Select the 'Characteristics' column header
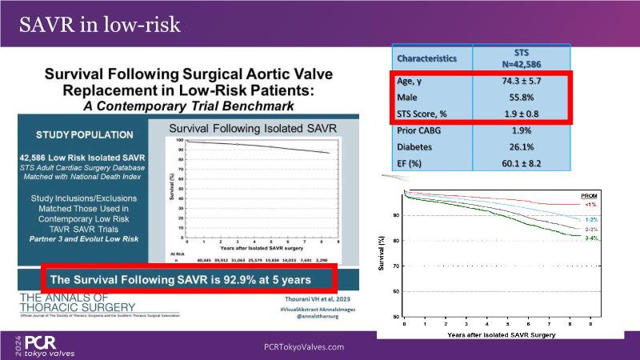pos(427,58)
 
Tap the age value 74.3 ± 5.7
pos(521,82)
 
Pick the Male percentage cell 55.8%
pos(521,98)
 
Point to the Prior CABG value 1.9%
pos(521,130)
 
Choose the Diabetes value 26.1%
pos(521,146)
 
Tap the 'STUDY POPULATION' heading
pos(85,134)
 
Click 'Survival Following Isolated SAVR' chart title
pos(251,128)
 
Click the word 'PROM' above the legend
pos(585,194)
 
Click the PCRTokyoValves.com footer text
pos(304,346)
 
